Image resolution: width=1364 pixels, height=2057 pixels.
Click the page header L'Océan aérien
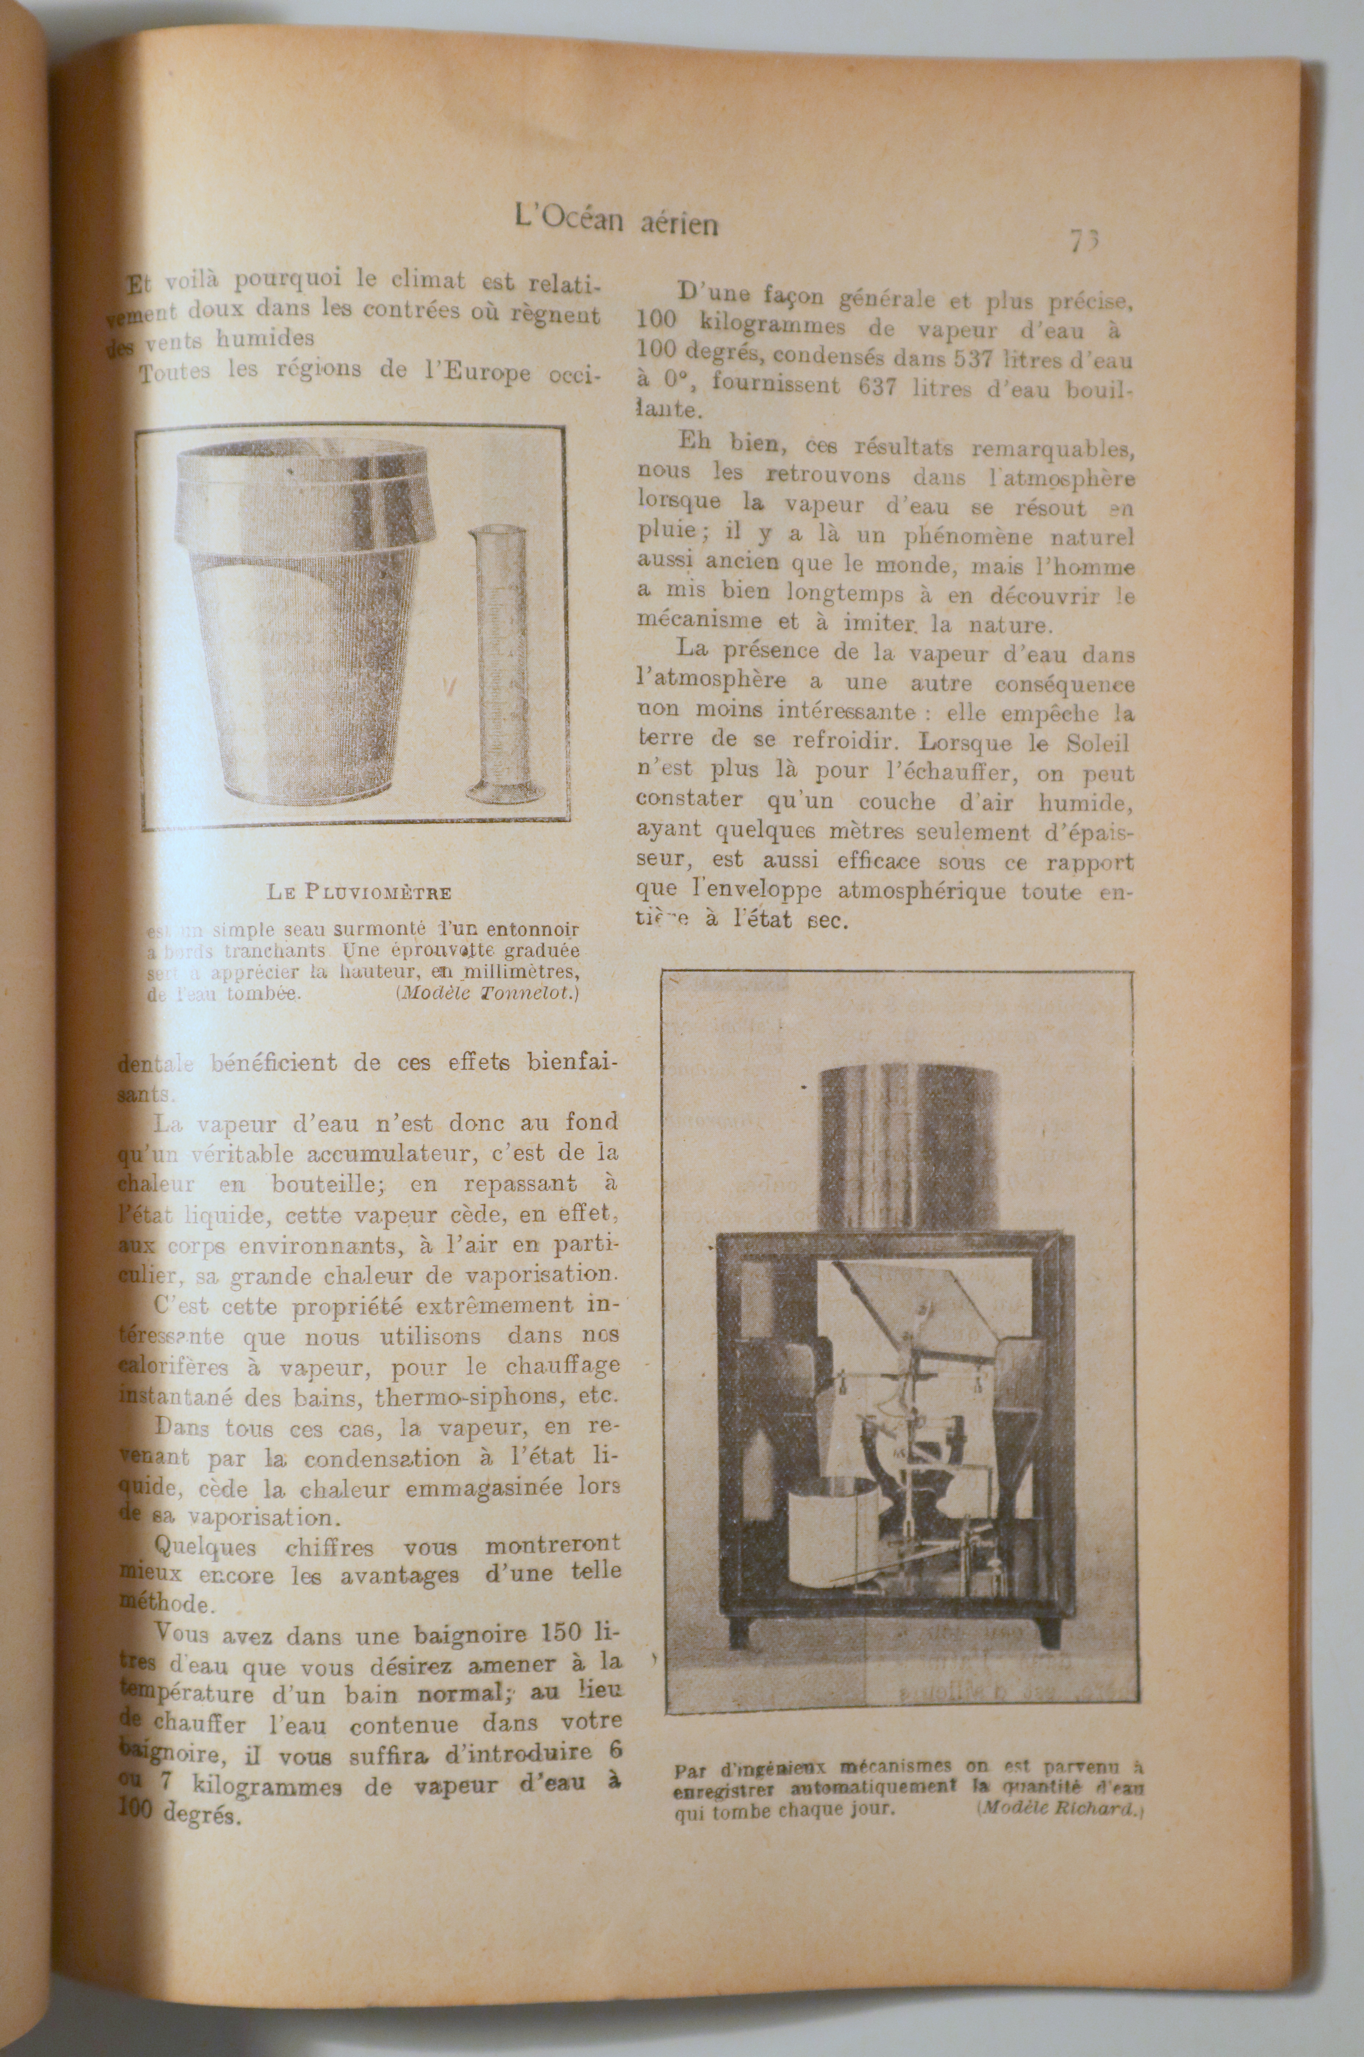pyautogui.click(x=616, y=219)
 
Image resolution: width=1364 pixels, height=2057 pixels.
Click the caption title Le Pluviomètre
pyautogui.click(x=359, y=892)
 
